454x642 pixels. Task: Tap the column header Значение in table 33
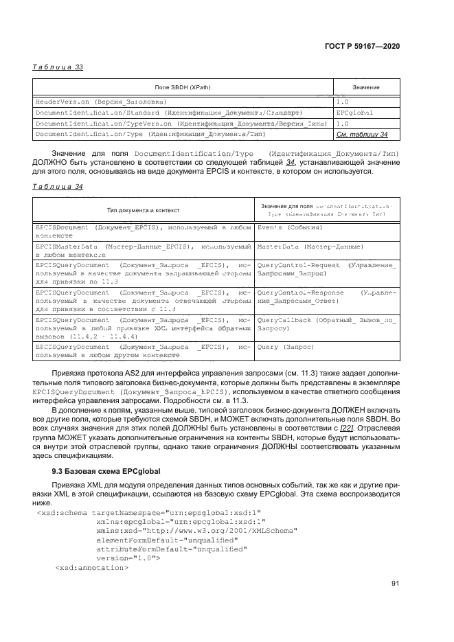366,88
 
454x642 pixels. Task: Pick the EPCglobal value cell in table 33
354,112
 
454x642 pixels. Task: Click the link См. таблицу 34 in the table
362,135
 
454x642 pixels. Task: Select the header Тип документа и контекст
143,209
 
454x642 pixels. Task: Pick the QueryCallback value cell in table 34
326,324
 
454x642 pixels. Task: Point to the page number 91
395,584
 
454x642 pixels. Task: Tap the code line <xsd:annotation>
91,568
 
